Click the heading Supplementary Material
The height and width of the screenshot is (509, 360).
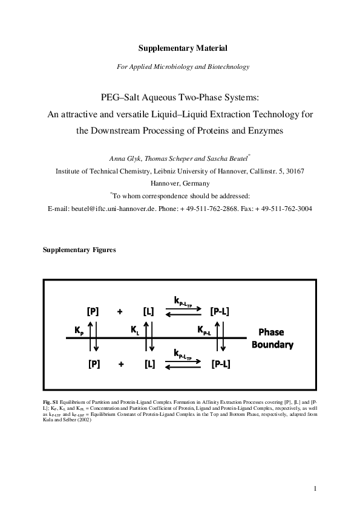[180, 47]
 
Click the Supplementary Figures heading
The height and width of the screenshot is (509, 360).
[79, 249]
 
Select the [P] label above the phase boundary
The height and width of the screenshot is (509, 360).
[93, 312]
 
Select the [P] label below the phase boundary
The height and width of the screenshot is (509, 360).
[93, 365]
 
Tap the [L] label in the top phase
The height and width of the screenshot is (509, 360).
[149, 312]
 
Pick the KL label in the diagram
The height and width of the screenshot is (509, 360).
[135, 331]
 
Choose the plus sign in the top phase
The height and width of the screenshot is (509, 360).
[120, 312]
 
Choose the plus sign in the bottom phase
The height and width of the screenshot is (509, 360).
[120, 365]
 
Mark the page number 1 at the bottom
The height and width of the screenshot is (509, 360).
[315, 488]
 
